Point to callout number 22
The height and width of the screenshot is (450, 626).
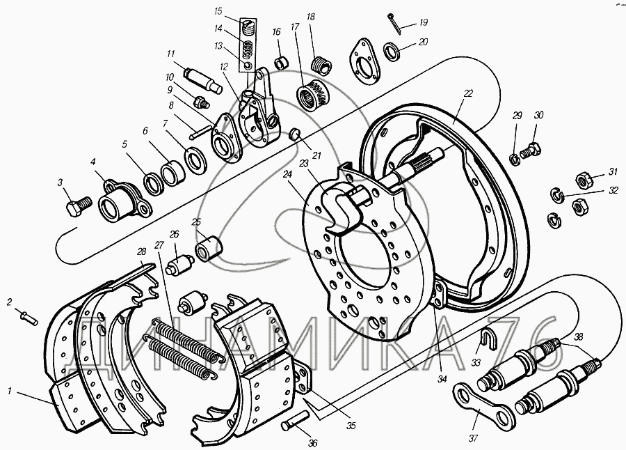[x=468, y=93]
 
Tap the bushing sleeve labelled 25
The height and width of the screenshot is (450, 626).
[x=209, y=247]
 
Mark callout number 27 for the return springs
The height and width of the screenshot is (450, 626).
[x=159, y=245]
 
